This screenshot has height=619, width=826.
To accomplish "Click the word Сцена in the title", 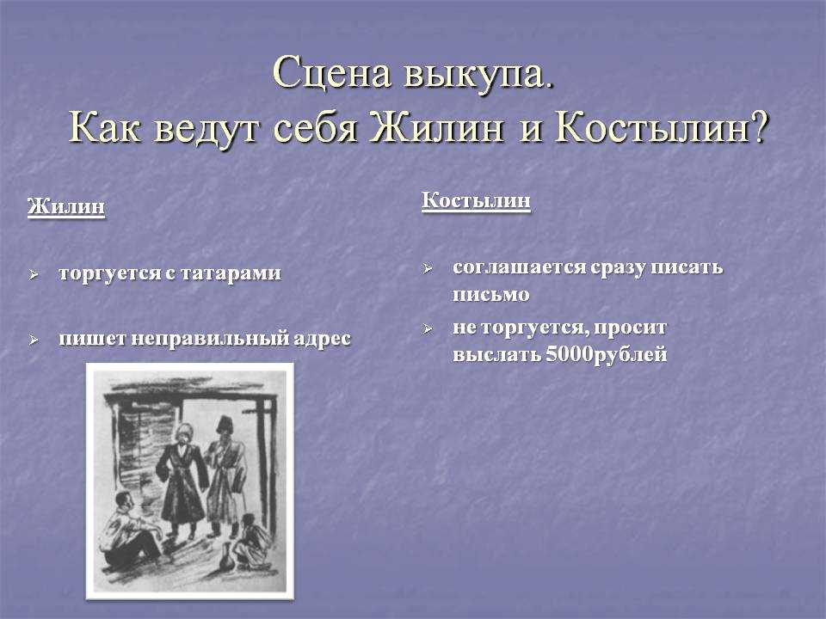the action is pyautogui.click(x=332, y=72).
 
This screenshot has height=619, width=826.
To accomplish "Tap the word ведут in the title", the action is pyautogui.click(x=206, y=128).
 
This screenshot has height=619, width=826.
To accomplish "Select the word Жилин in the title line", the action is pyautogui.click(x=436, y=128).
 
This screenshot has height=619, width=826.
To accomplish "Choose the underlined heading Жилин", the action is pyautogui.click(x=66, y=205).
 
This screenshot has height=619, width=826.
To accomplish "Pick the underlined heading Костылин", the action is pyautogui.click(x=476, y=200).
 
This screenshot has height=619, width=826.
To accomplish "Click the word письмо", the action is pyautogui.click(x=490, y=294).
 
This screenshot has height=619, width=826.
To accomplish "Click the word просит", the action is pyautogui.click(x=630, y=328).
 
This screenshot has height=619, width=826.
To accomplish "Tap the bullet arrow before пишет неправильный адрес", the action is pyautogui.click(x=34, y=340).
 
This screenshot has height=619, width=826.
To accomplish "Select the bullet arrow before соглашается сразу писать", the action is pyautogui.click(x=428, y=269).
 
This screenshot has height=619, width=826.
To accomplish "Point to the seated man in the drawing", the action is pyautogui.click(x=132, y=530).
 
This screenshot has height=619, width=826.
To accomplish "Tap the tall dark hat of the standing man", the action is pyautogui.click(x=225, y=423).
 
